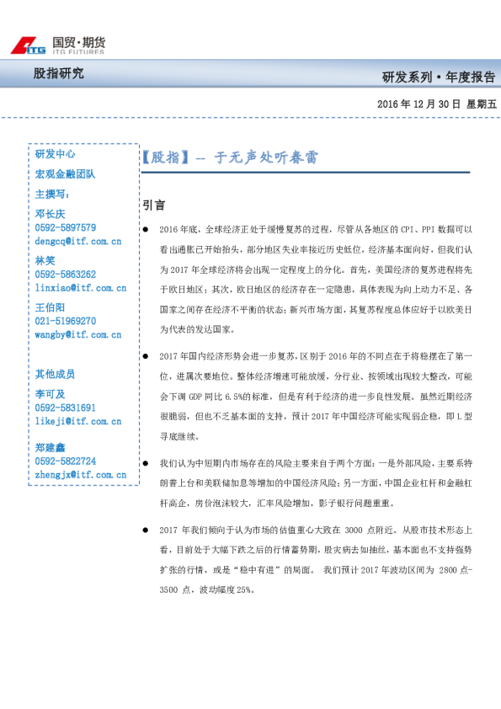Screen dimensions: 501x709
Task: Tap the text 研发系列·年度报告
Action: [x=438, y=77]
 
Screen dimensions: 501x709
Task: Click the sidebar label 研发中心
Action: [x=55, y=154]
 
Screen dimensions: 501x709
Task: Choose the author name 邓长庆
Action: [x=50, y=214]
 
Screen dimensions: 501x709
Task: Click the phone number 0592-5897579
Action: [x=66, y=227]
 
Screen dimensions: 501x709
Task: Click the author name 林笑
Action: [x=45, y=261]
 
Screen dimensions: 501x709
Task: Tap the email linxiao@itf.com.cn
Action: [x=80, y=288]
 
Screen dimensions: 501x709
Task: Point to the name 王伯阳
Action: [x=50, y=307]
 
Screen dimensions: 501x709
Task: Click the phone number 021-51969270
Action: [x=66, y=321]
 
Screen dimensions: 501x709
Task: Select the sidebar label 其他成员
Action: [x=55, y=374]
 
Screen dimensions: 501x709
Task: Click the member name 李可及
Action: [x=50, y=394]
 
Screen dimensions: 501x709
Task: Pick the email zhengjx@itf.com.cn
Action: [x=80, y=475]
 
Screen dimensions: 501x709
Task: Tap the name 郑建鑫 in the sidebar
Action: [x=50, y=448]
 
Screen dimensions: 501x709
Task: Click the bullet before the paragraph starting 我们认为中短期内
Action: [x=146, y=464]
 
